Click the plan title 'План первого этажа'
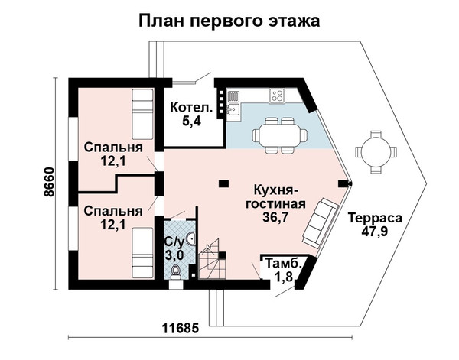(229, 21)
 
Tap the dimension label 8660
(49, 182)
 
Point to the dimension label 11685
(181, 328)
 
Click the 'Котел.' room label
(191, 107)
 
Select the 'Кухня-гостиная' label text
(275, 197)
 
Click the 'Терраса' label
(376, 218)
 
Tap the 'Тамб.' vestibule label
(284, 263)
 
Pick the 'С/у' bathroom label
(174, 242)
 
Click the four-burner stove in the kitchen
(277, 96)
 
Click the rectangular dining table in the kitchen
(280, 135)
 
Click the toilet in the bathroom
(176, 271)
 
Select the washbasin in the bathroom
(190, 238)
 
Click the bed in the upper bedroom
(142, 115)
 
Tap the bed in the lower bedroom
(142, 253)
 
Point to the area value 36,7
(275, 217)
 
